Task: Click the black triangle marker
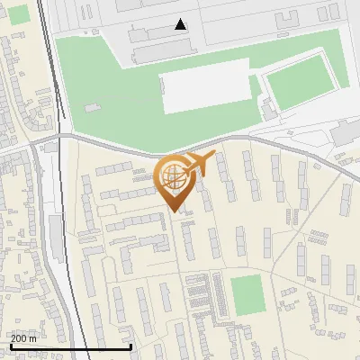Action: pos(181,24)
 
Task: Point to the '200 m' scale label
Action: pos(24,337)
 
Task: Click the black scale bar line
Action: pos(70,346)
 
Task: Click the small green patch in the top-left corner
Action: pos(19,13)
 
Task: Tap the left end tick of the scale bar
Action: pos(9,346)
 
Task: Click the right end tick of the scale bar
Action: pos(131,346)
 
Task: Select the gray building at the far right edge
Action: pos(347,133)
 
